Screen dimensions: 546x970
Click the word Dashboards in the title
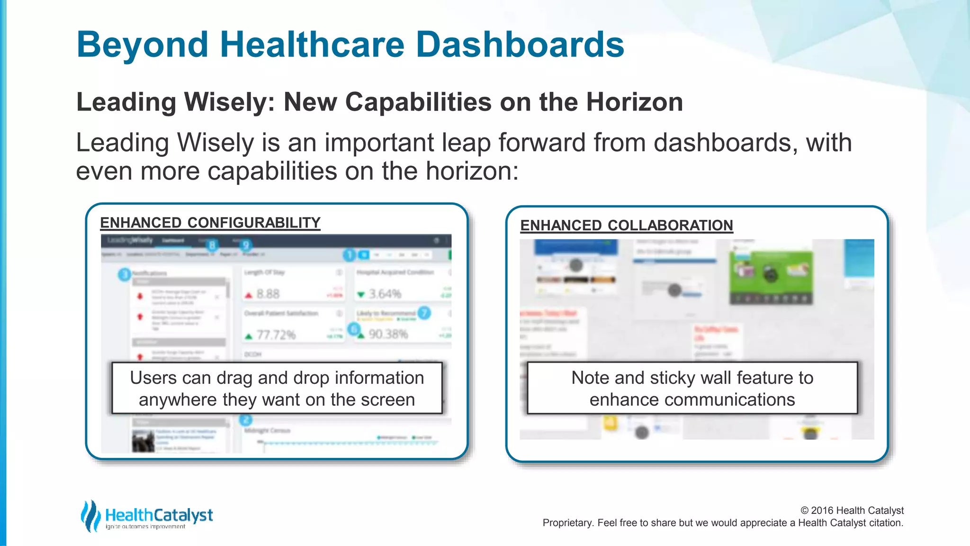click(520, 44)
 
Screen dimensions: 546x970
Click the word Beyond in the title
click(142, 44)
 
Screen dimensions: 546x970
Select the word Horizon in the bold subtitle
click(634, 102)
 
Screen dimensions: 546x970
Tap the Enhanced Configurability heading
click(210, 222)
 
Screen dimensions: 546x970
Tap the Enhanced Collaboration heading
click(626, 225)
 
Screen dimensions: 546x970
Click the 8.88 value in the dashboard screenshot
click(268, 294)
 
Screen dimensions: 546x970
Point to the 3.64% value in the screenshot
click(385, 294)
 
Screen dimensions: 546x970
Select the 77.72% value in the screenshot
click(276, 335)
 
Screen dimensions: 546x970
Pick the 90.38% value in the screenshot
click(388, 334)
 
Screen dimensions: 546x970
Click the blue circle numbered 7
click(424, 313)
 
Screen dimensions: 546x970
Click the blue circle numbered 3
click(124, 274)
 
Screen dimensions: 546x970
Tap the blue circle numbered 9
click(245, 245)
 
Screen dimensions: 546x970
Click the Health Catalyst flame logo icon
click(90, 516)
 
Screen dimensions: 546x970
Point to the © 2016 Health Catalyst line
click(852, 510)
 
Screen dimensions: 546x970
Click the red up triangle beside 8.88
click(249, 295)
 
